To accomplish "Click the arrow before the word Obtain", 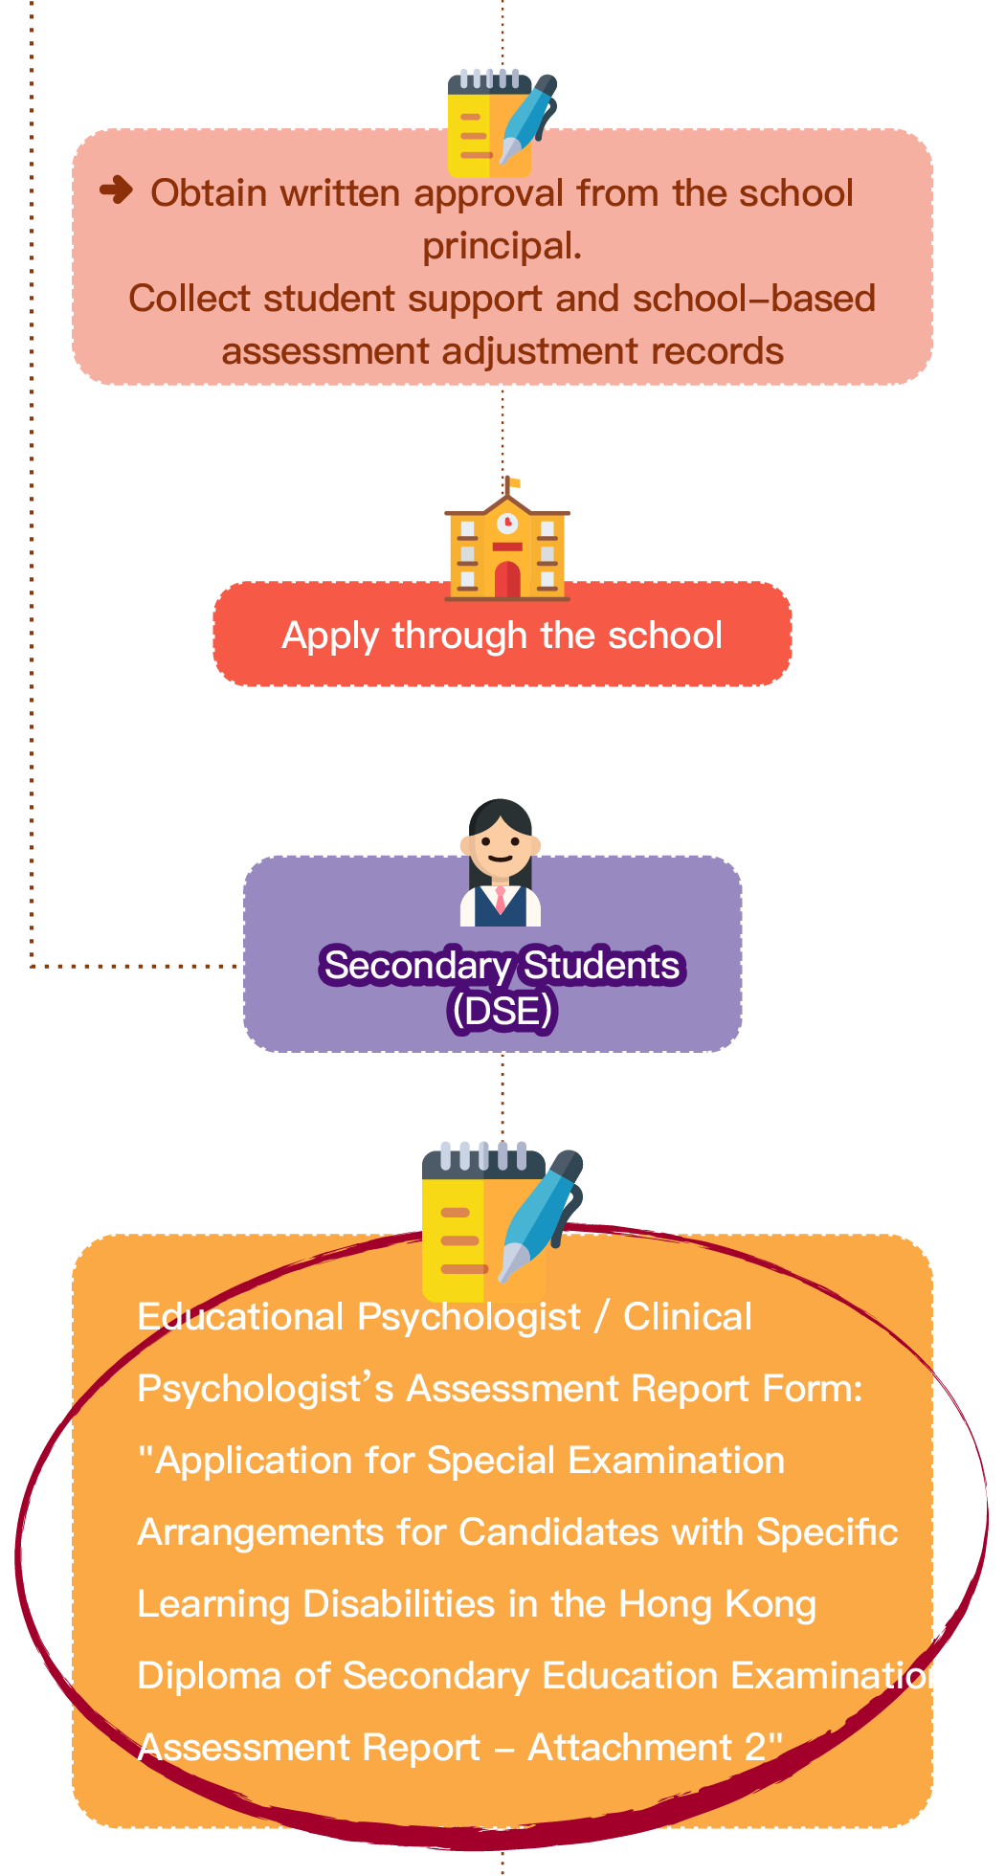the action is (116, 190).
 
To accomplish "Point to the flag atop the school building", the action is (513, 483).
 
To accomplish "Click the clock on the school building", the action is (507, 523).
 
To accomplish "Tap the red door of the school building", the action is (507, 580).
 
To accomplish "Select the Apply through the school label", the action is (502, 636).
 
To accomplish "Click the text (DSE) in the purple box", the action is (502, 1011).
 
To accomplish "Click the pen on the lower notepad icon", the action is (541, 1216).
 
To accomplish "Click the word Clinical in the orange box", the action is (688, 1318).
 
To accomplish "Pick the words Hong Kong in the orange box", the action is (718, 1605).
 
